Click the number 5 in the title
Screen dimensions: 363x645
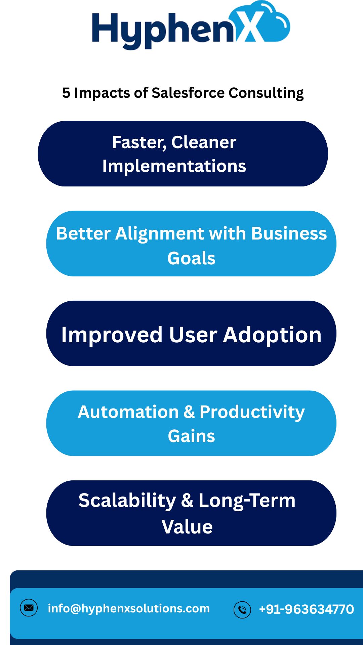tap(66, 93)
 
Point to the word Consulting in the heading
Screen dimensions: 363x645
tap(266, 93)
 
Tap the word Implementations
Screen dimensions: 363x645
tap(174, 166)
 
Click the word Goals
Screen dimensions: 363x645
tap(191, 258)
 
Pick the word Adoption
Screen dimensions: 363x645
tap(272, 335)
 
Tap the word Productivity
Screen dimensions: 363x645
tap(252, 413)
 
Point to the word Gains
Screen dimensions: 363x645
tap(191, 436)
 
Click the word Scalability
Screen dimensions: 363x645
tap(127, 501)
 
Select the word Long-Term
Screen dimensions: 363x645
tap(247, 501)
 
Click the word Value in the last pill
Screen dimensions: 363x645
tap(187, 527)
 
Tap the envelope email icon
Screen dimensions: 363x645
tap(29, 608)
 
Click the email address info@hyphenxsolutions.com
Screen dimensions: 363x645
tap(129, 608)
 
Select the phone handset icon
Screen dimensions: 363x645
tap(242, 609)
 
